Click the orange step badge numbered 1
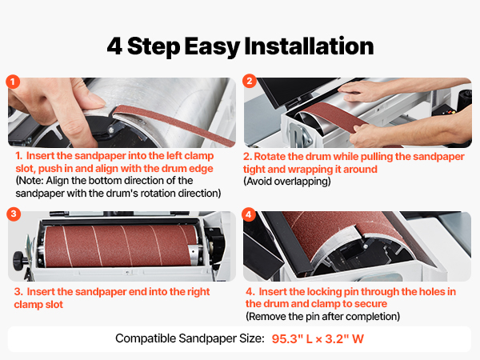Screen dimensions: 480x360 pos(13,82)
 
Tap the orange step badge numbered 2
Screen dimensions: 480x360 pos(249,81)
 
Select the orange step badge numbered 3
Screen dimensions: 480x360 pos(14,214)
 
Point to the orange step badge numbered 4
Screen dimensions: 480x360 pos(249,214)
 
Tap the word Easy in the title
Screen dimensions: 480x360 pos(212,47)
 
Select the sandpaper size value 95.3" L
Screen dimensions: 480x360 pos(292,339)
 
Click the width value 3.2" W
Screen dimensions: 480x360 pos(344,339)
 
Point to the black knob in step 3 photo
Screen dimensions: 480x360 pos(19,261)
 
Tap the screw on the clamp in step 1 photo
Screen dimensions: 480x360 pos(111,130)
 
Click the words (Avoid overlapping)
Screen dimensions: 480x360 pos(287,182)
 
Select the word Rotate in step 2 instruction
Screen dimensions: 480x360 pos(270,157)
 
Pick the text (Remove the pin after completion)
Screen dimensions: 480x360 pos(322,316)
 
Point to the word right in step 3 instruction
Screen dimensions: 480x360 pos(198,292)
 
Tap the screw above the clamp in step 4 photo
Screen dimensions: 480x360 pos(365,246)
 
